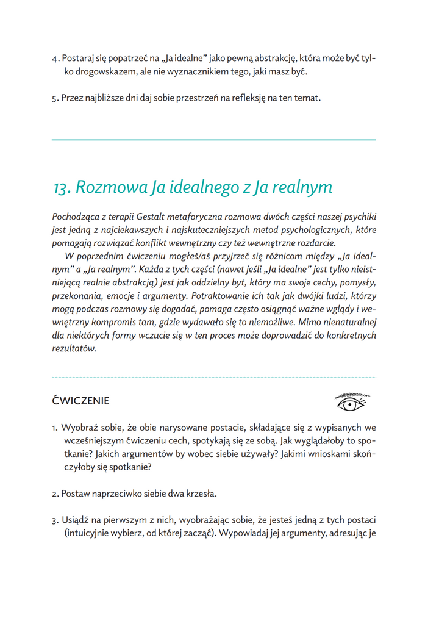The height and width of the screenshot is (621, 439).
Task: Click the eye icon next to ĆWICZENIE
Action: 351,401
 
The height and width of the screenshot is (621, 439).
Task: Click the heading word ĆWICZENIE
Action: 81,401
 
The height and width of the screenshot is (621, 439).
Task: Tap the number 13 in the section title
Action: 63,187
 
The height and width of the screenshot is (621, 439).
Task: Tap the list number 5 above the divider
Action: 54,98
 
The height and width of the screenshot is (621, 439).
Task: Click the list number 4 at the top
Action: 54,59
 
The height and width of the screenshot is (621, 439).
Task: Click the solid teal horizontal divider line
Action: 213,140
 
